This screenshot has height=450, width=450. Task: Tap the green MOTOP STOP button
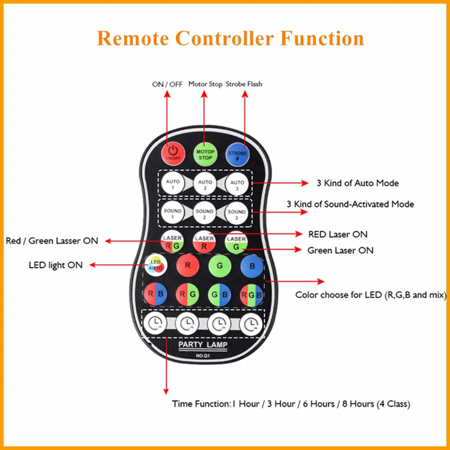pos(205,154)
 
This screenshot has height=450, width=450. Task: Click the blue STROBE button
pos(237,154)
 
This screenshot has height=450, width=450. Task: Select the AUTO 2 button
pos(205,184)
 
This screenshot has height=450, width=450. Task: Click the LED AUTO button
pos(156,265)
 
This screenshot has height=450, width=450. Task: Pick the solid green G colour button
pos(220,266)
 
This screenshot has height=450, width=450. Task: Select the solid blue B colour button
pos(252,266)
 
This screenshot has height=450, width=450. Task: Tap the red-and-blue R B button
pos(156,295)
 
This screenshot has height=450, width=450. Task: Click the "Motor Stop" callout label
pos(205,84)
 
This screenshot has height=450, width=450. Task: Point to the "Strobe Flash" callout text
pos(244,84)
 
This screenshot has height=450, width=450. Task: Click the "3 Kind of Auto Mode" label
pos(358,183)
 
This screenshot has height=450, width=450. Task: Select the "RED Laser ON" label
pos(337,234)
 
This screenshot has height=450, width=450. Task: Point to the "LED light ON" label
pos(56,265)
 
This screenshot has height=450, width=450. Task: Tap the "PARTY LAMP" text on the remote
pos(203,345)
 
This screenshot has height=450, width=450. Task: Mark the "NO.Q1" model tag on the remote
pos(203,356)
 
